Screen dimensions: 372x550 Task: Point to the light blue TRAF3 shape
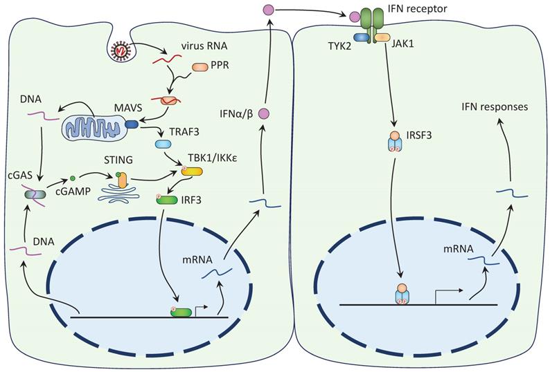[164, 145]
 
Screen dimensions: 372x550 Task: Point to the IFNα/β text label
[233, 113]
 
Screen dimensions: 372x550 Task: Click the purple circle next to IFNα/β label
[263, 113]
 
